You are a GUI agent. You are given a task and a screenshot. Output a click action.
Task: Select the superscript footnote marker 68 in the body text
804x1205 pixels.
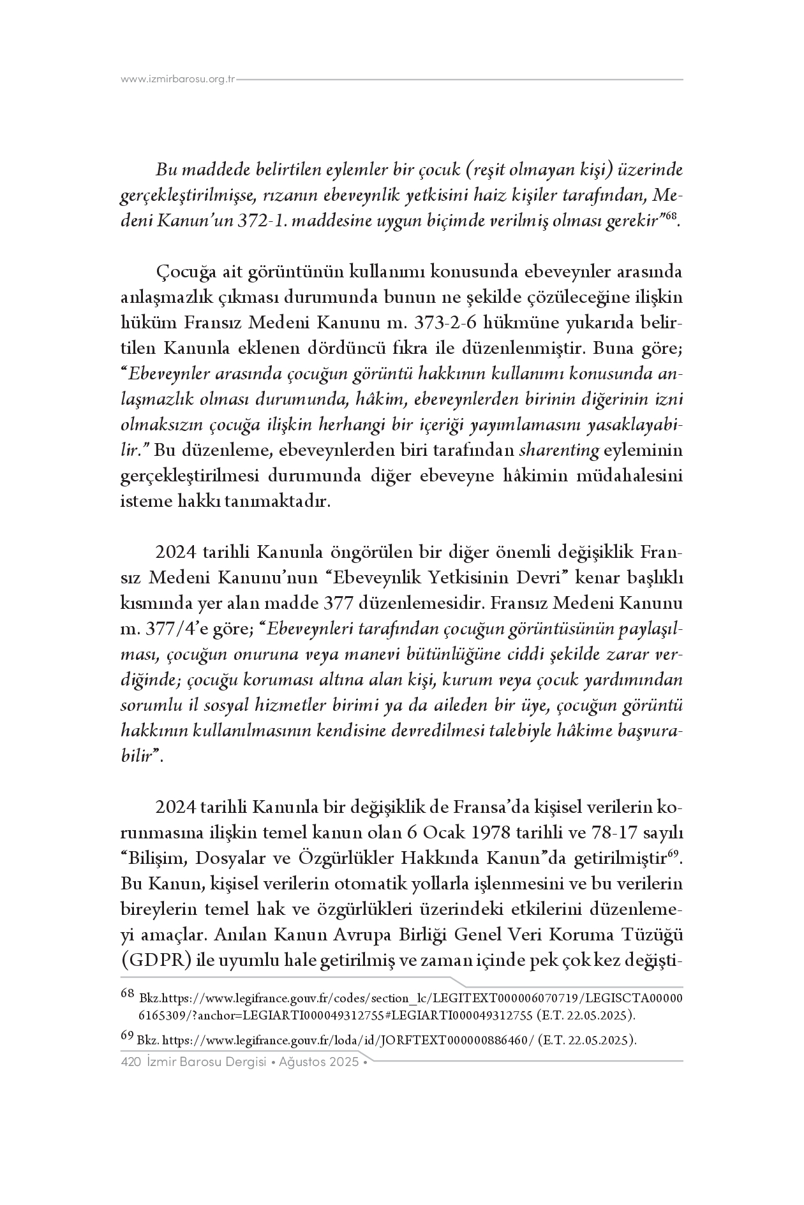click(670, 217)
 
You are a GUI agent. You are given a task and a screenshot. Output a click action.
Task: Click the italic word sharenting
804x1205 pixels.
click(559, 451)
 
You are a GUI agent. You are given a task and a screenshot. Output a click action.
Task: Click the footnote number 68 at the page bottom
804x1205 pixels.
click(127, 993)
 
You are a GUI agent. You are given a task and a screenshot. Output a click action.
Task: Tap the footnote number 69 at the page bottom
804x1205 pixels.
click(127, 1037)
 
